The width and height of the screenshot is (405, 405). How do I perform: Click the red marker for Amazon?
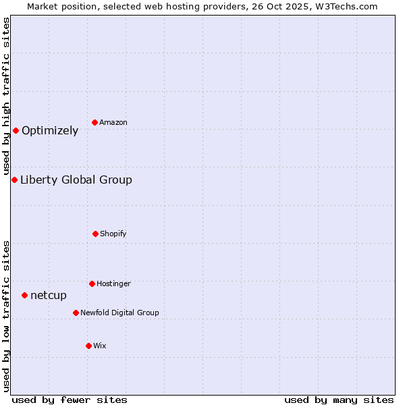(x=94, y=122)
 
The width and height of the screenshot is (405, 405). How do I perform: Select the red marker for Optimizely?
(x=16, y=130)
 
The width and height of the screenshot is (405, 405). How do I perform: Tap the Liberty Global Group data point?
(x=14, y=180)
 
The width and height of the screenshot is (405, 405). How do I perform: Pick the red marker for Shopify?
(x=95, y=234)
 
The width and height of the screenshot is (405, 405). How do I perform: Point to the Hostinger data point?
(x=92, y=283)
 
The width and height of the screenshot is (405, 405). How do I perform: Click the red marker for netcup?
(x=24, y=295)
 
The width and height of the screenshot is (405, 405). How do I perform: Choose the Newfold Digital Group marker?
(x=76, y=313)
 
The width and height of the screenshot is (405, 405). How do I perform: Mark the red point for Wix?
(x=88, y=346)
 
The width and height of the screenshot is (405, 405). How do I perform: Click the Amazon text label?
(x=113, y=123)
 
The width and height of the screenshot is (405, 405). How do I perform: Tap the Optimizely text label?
(x=50, y=131)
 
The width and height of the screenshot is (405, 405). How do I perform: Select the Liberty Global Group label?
(x=76, y=180)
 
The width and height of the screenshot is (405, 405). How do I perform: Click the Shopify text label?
(x=113, y=234)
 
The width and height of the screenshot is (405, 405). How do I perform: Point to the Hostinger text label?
(x=113, y=284)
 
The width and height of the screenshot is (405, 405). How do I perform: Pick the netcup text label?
(x=49, y=296)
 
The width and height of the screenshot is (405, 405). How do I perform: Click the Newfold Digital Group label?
(x=119, y=313)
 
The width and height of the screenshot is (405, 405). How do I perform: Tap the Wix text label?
(x=100, y=346)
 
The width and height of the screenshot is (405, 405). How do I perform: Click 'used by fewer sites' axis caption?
(x=70, y=400)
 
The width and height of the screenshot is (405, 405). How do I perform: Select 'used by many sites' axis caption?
(x=339, y=400)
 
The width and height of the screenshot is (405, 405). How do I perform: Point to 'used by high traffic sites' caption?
(x=6, y=94)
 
